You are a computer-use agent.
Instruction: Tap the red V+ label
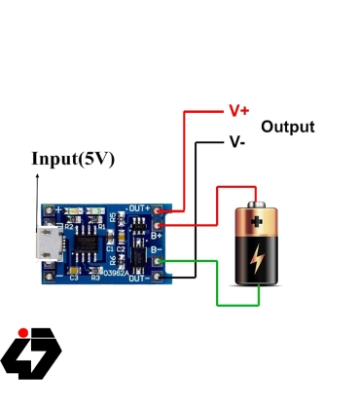[238, 110]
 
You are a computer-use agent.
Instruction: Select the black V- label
[237, 141]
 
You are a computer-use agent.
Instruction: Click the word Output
[287, 128]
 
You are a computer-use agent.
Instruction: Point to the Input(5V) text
[73, 159]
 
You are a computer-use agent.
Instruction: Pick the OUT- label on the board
[140, 279]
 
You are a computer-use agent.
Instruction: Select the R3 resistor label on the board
[95, 278]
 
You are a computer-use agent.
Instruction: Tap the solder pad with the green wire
[173, 261]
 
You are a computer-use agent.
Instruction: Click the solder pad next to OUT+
[173, 209]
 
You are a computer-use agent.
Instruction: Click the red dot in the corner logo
[23, 331]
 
